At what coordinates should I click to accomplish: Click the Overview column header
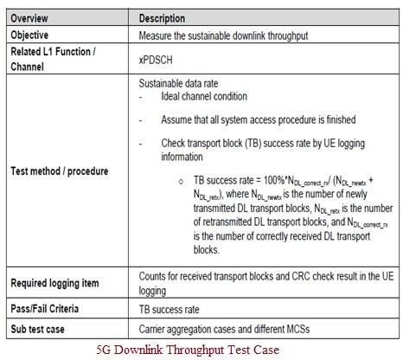click(x=33, y=17)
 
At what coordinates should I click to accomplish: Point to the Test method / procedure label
click(x=59, y=170)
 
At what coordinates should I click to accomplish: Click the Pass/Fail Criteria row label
click(x=49, y=306)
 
